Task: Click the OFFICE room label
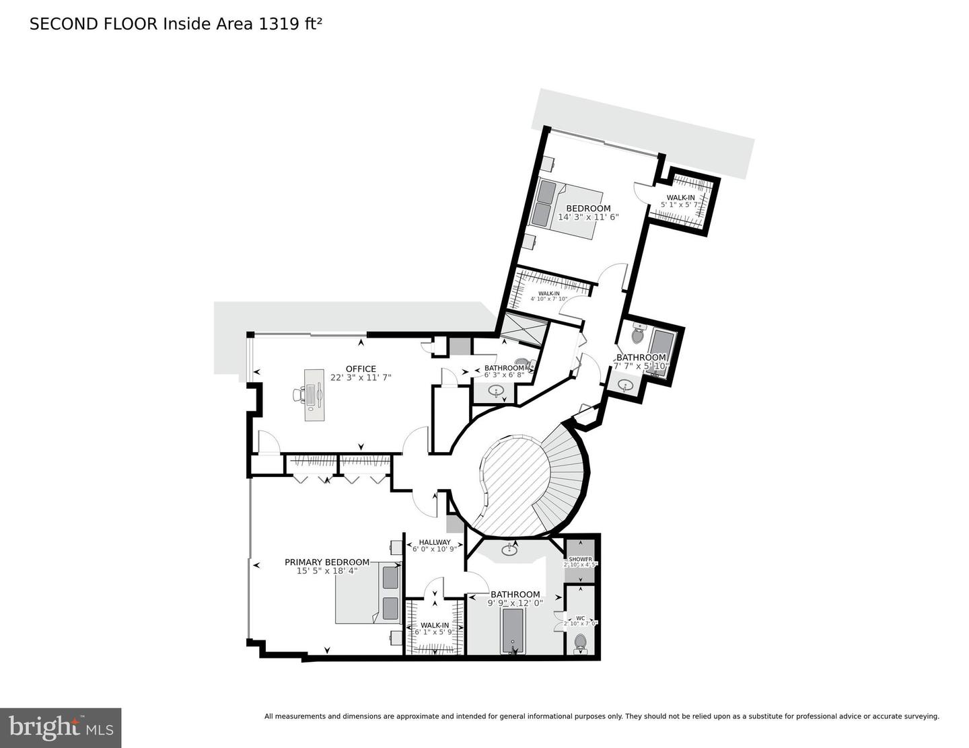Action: (x=361, y=369)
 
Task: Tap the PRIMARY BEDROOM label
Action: (x=327, y=562)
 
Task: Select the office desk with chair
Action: (x=312, y=395)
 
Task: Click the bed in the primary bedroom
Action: (x=368, y=593)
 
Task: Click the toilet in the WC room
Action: (x=580, y=642)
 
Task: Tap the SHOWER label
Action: (x=580, y=560)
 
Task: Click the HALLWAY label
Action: (x=435, y=542)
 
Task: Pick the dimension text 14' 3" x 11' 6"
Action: (x=588, y=217)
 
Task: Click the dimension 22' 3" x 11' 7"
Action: (x=361, y=377)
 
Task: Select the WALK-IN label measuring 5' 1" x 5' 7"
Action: (x=680, y=197)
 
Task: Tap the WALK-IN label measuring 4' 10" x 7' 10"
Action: (x=548, y=293)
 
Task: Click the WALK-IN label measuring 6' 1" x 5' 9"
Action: (x=435, y=625)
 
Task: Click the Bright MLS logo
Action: (x=61, y=728)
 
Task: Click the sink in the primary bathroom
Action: (x=509, y=551)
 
